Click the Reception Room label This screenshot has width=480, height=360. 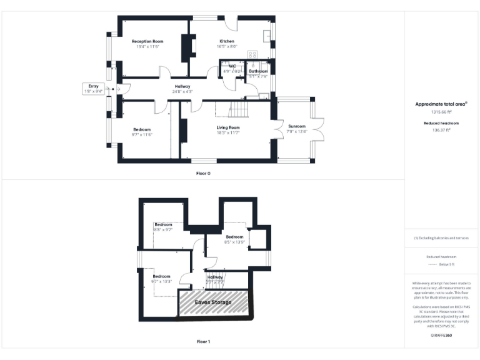tap(147, 41)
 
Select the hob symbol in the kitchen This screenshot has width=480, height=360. tap(254, 54)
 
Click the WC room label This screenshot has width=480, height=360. tap(232, 66)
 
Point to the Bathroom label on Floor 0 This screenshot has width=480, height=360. tap(258, 71)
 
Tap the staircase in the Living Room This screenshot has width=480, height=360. tap(239, 110)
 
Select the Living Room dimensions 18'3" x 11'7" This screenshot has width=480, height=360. tap(228, 132)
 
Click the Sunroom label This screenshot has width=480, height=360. tap(297, 126)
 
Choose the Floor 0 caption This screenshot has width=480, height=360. tap(203, 172)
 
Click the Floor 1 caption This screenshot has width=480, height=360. tap(203, 342)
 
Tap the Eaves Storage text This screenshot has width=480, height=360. tap(213, 302)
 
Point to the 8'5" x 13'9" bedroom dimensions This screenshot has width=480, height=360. tap(234, 242)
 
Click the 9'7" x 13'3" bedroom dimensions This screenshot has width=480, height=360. tap(161, 281)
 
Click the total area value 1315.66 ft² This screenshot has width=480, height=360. tap(442, 112)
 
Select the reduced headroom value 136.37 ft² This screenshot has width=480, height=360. tap(442, 130)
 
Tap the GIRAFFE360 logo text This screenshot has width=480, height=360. tap(442, 336)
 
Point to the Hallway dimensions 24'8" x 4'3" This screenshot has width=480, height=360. tap(182, 92)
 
